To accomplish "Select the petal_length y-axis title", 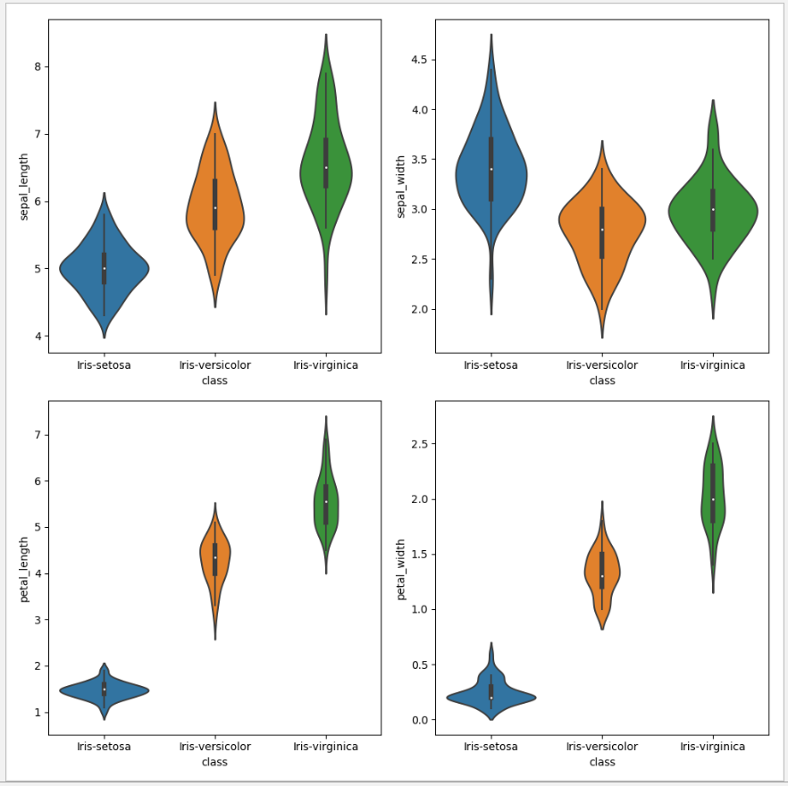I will coord(24,568).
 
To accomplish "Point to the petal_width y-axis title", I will coord(401,568).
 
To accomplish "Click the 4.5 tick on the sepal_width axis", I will coord(417,60).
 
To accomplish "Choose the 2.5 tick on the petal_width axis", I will coord(417,444).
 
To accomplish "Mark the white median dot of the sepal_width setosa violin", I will coord(490,169).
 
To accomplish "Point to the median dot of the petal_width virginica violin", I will coord(713,499).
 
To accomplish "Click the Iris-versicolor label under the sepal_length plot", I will coord(214,365).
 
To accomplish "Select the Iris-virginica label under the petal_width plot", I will coord(712,747).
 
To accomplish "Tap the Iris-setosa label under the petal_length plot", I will coord(104,747).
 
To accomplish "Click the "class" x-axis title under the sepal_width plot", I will coord(602,380).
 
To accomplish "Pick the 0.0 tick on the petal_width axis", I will coord(417,720).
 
